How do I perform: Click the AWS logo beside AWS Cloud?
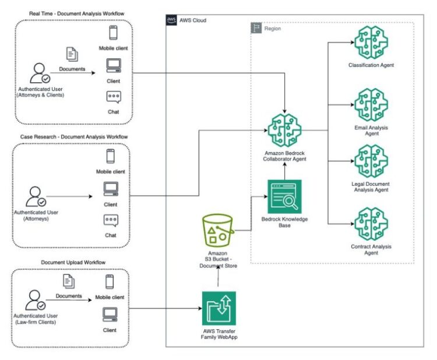pyautogui.click(x=172, y=20)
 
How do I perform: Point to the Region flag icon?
pyautogui.click(x=256, y=28)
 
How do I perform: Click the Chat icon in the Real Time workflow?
pyautogui.click(x=114, y=98)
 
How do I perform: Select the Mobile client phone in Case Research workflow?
pyautogui.click(x=110, y=156)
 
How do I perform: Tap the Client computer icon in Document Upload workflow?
pyautogui.click(x=110, y=315)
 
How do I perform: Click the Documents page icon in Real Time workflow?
pyautogui.click(x=72, y=54)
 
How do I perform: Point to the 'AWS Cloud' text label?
pyautogui.click(x=193, y=20)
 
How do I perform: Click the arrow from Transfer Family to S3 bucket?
pyautogui.click(x=218, y=277)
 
